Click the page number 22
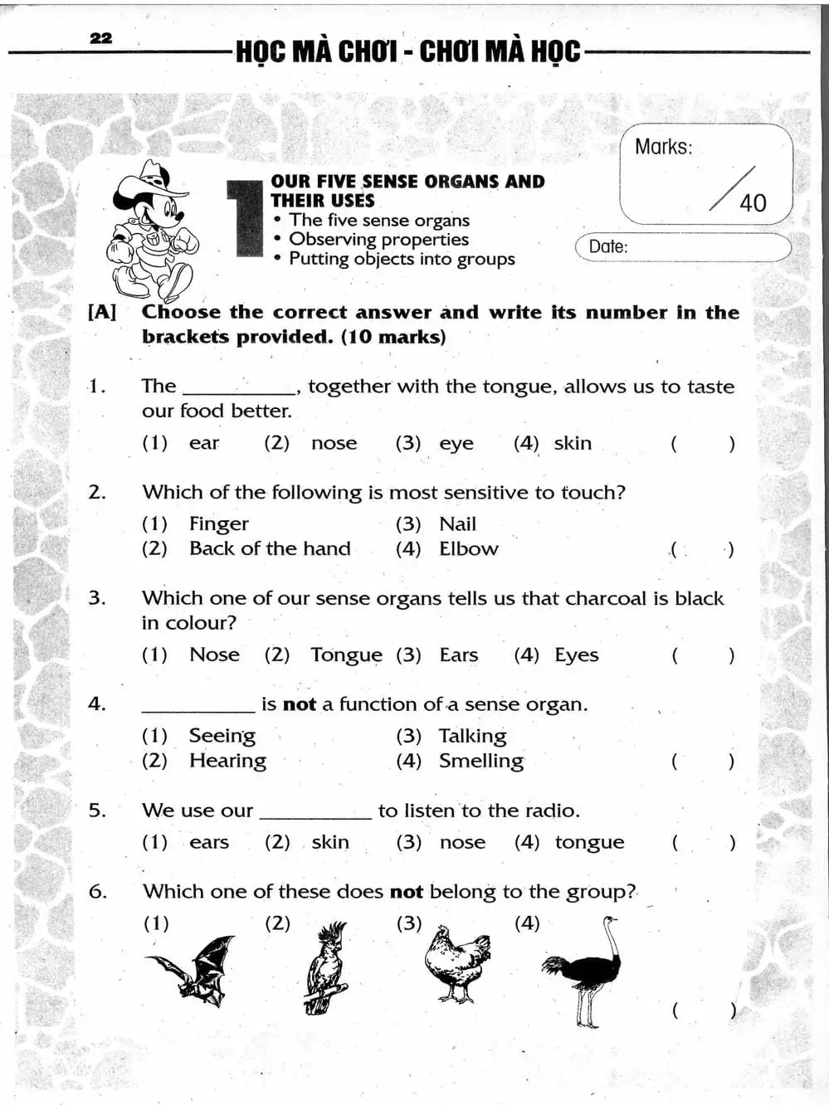click(100, 38)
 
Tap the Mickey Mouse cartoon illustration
click(151, 231)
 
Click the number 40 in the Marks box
click(753, 203)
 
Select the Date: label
click(608, 246)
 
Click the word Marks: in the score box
click(663, 147)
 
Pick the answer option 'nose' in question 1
click(334, 444)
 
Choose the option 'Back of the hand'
click(270, 549)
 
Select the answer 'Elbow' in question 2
click(469, 549)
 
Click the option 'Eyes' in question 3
click(577, 655)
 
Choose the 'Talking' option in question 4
click(472, 736)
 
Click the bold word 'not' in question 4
click(299, 705)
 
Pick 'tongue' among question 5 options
click(589, 843)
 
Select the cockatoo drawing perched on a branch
click(326, 968)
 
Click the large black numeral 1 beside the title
click(245, 218)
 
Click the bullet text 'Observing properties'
click(378, 240)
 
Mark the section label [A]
click(102, 313)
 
